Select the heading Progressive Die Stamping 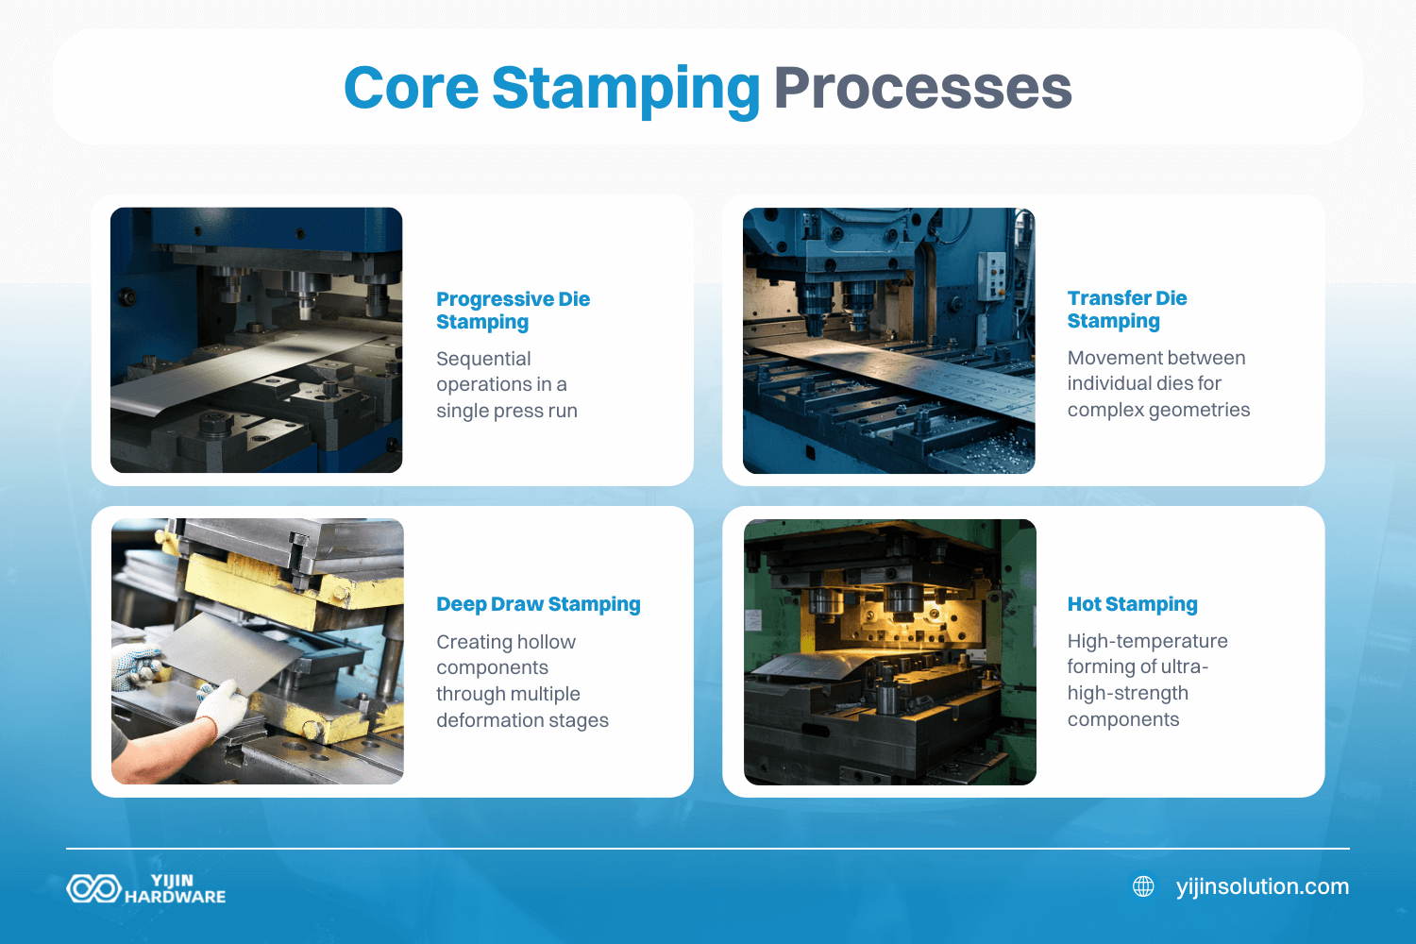tap(513, 310)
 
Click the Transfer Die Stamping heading tap(1127, 310)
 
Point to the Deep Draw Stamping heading tap(538, 604)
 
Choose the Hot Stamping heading tap(1132, 604)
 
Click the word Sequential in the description tap(483, 359)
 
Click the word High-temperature tap(1147, 641)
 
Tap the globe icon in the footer tap(1143, 886)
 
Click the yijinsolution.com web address tap(1262, 886)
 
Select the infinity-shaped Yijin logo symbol tap(93, 888)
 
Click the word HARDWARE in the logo tap(175, 897)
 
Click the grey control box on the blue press tap(992, 276)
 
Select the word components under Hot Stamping tap(1123, 719)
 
